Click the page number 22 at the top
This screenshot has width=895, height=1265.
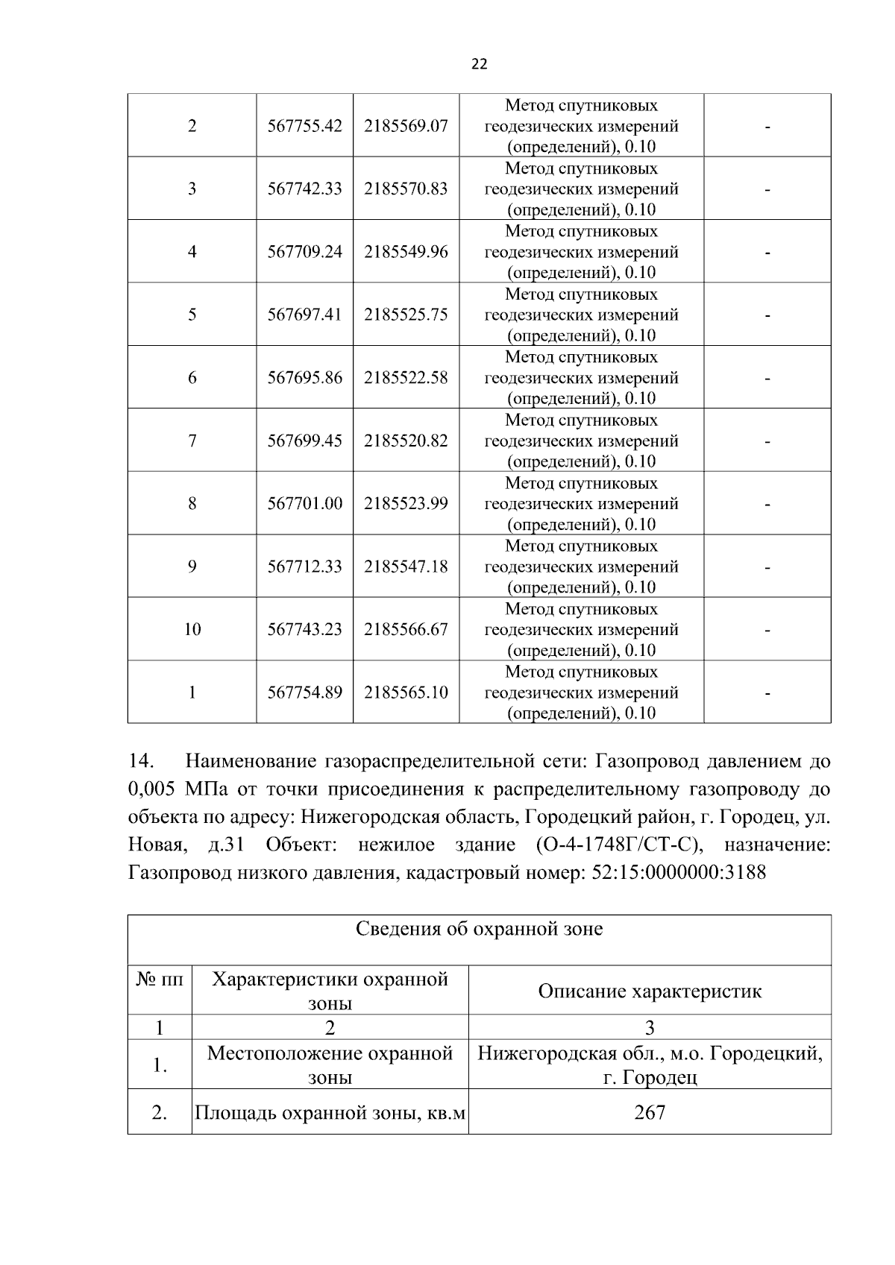pyautogui.click(x=480, y=65)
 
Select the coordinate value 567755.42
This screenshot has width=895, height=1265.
pyautogui.click(x=304, y=126)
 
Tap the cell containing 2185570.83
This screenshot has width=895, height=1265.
pyautogui.click(x=406, y=189)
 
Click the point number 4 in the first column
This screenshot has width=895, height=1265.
pyautogui.click(x=192, y=252)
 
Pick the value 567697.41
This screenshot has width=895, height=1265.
pyautogui.click(x=304, y=315)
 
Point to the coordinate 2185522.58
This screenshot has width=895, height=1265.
pyautogui.click(x=406, y=378)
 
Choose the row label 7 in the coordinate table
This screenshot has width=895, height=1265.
pyautogui.click(x=192, y=441)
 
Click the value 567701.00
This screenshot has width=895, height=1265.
pyautogui.click(x=304, y=504)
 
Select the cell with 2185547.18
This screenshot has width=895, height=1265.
pyautogui.click(x=406, y=567)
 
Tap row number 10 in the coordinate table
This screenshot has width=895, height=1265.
pyautogui.click(x=192, y=630)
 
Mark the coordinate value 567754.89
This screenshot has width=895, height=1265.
pyautogui.click(x=304, y=693)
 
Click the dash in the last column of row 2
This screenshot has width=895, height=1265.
pyautogui.click(x=767, y=127)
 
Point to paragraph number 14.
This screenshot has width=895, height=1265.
pyautogui.click(x=141, y=762)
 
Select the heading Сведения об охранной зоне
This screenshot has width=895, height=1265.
pyautogui.click(x=479, y=930)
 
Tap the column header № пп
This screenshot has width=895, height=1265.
pyautogui.click(x=159, y=979)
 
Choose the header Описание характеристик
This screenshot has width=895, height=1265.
pyautogui.click(x=649, y=991)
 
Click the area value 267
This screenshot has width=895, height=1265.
pyautogui.click(x=649, y=1113)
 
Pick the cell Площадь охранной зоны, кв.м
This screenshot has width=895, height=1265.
pyautogui.click(x=330, y=1114)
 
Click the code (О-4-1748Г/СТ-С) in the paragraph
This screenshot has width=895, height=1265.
pyautogui.click(x=619, y=845)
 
